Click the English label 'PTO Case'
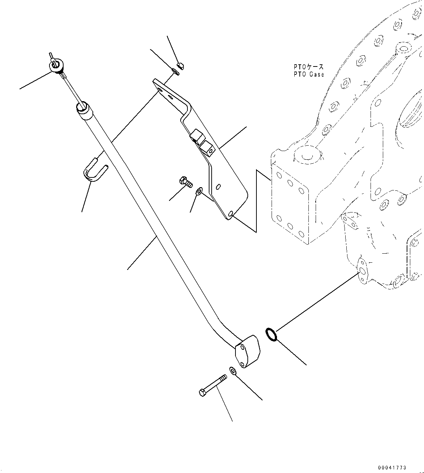[x=309, y=74]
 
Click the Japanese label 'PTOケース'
[x=309, y=67]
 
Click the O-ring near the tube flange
[x=272, y=335]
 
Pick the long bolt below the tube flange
[x=213, y=386]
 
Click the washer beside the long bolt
[x=232, y=371]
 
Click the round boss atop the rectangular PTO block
[x=307, y=156]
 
